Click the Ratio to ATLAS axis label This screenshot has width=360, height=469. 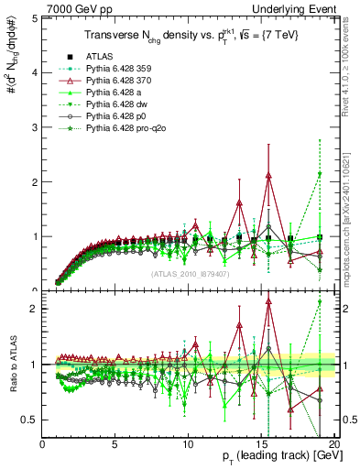click(x=13, y=364)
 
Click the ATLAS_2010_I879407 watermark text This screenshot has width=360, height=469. click(x=189, y=272)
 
